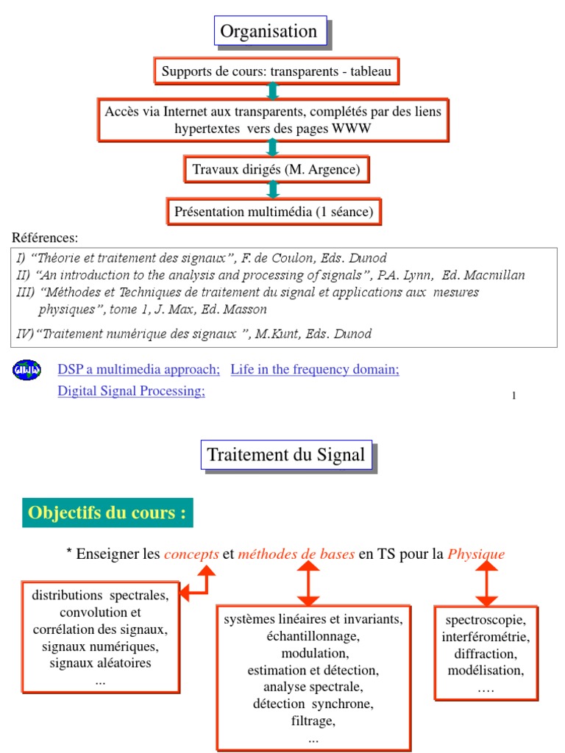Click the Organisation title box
269,32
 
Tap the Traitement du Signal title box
285,455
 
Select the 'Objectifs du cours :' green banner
107,513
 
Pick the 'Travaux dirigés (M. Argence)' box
276,170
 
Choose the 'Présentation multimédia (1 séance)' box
274,212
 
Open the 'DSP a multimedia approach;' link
139,369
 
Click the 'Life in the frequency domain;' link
315,369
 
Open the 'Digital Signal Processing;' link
131,391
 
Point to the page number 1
514,396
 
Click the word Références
45,238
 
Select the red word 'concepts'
191,554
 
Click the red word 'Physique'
476,554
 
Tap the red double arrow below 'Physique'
486,584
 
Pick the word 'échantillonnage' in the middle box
313,636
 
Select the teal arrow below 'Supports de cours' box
273,90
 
